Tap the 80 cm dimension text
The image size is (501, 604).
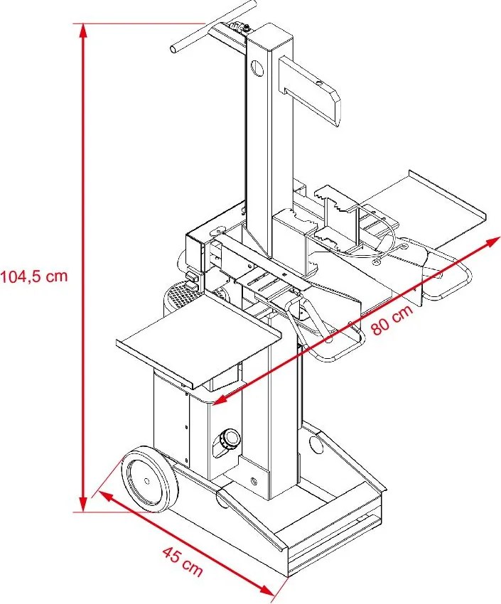[x=390, y=320]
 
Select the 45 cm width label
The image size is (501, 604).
[x=182, y=561]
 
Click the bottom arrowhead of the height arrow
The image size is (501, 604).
[x=84, y=505]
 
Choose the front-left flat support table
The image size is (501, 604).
[x=199, y=345]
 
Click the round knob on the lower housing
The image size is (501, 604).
[x=228, y=440]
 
